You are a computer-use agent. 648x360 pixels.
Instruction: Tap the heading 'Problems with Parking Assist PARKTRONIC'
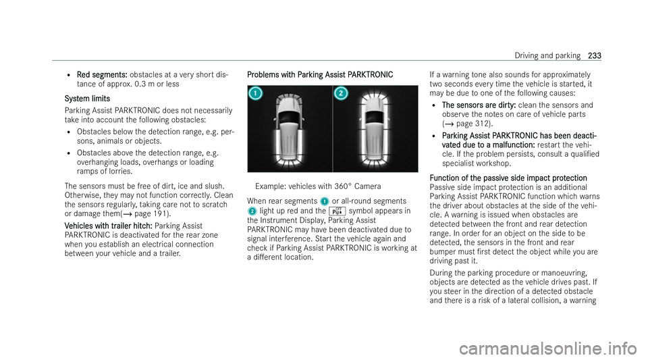tap(316, 73)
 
